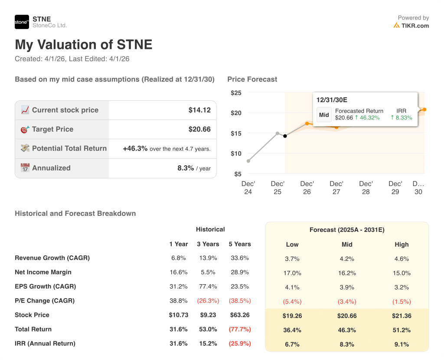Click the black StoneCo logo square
click(22, 22)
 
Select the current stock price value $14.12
click(199, 110)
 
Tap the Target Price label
click(52, 129)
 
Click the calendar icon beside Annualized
click(25, 168)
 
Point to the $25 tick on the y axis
click(236, 93)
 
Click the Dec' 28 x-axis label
click(366, 187)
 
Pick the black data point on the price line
click(285, 136)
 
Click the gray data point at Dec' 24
click(248, 161)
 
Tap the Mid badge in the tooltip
click(324, 115)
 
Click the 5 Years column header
click(240, 244)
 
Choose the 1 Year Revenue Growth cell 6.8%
click(178, 258)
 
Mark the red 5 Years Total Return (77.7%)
click(240, 329)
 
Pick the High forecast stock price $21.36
click(402, 316)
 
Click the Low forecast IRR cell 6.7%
click(292, 344)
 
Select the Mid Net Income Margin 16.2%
click(347, 273)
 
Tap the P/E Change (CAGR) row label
click(45, 301)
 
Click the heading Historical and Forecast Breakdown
click(75, 213)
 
